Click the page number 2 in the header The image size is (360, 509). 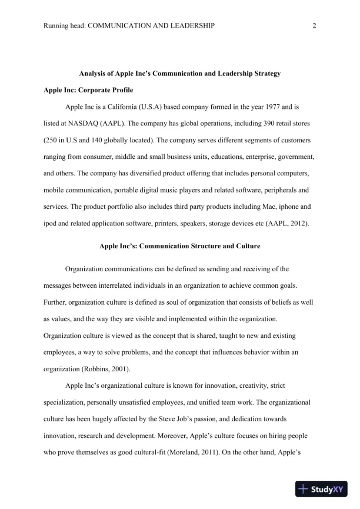point(315,25)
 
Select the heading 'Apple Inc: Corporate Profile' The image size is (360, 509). point(88,90)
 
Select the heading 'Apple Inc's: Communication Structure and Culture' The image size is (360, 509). point(180,230)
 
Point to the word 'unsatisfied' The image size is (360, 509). point(135,404)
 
